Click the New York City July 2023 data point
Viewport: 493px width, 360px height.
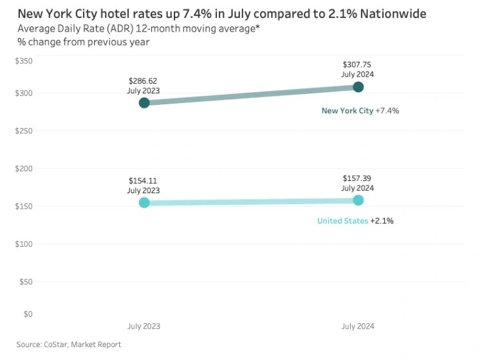point(144,102)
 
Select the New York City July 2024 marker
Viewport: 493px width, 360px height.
point(358,87)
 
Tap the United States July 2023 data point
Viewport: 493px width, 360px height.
point(144,202)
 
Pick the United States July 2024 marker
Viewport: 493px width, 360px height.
point(358,200)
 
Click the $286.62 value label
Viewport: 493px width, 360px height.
point(144,81)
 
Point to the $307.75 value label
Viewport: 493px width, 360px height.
point(357,65)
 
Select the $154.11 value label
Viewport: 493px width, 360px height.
point(144,181)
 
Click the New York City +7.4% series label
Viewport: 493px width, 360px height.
point(360,111)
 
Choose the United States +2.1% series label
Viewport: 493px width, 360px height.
point(355,221)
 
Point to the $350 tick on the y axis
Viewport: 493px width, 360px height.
point(24,61)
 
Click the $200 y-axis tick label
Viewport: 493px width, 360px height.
point(24,169)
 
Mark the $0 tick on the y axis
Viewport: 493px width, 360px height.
point(28,314)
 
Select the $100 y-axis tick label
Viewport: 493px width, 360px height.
point(24,244)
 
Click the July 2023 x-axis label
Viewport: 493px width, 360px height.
point(144,327)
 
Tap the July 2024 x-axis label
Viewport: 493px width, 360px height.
point(357,327)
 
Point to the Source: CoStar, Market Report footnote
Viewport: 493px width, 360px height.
point(69,345)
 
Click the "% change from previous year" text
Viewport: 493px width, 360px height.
point(84,42)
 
